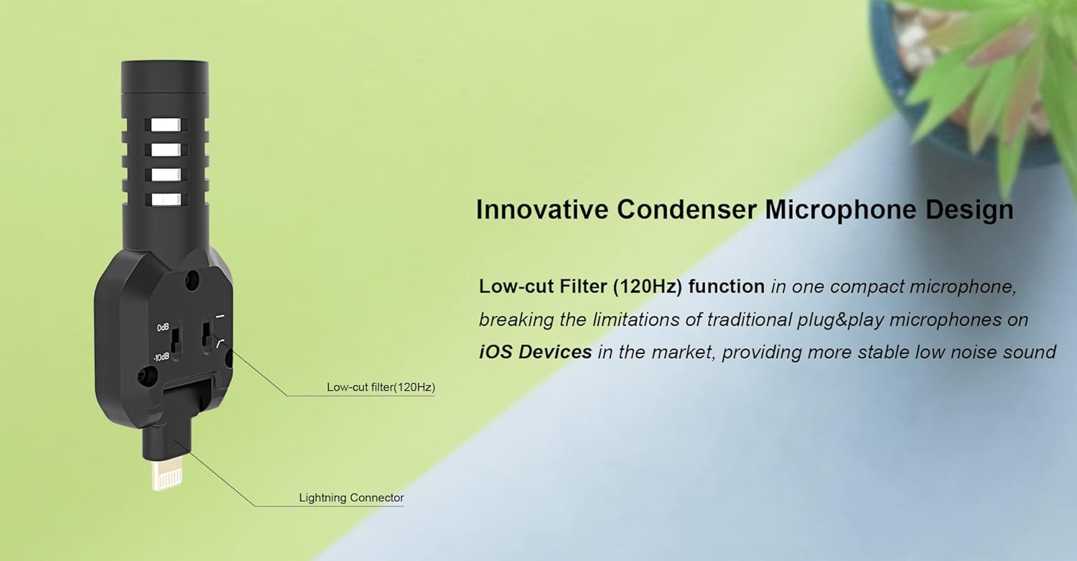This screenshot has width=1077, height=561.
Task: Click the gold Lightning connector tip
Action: point(167,476)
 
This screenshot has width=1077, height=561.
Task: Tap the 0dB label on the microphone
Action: point(163,328)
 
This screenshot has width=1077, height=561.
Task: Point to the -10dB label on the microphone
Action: point(161,357)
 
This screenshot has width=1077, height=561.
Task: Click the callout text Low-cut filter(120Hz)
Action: point(381,387)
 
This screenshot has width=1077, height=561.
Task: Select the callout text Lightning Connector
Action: point(352,498)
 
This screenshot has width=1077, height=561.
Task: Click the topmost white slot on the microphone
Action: point(167,125)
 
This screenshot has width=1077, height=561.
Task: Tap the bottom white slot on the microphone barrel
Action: point(167,199)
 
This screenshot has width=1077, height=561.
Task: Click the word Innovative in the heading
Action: point(542,210)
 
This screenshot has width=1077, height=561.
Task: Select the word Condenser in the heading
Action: point(687,210)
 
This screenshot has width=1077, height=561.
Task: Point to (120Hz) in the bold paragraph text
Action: point(648,287)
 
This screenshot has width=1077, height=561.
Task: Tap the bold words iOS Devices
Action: point(535,352)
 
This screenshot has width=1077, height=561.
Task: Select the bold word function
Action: point(727,287)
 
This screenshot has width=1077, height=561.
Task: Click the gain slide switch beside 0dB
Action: point(176,340)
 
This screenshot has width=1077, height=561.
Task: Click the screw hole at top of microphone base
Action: point(192,278)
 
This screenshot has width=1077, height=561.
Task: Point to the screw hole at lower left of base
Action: point(146,376)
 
